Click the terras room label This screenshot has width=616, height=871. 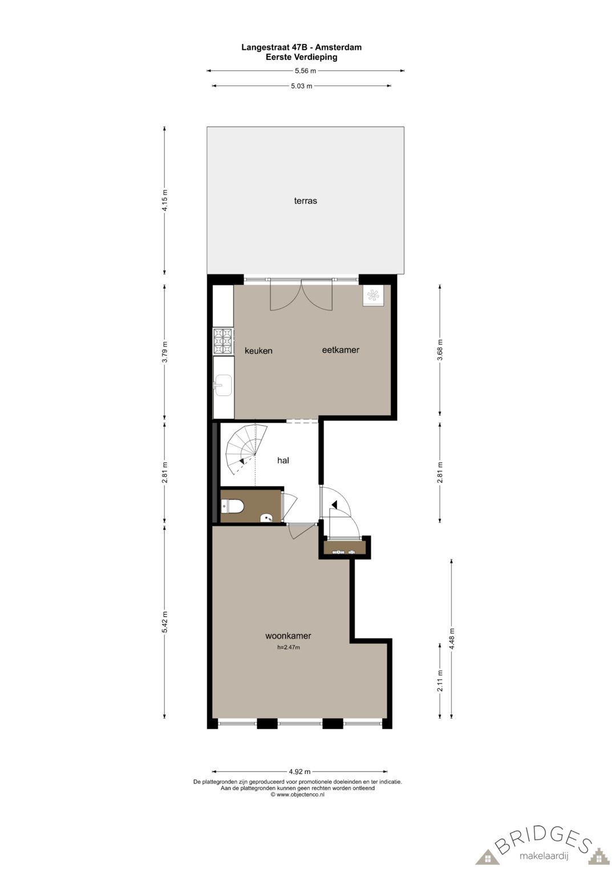coord(305,201)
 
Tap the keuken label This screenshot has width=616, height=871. coord(258,351)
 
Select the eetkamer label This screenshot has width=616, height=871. coord(341,350)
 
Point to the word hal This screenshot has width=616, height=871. coord(283,460)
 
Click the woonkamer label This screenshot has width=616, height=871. coord(288,636)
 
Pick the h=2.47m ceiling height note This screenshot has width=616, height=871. coord(289,647)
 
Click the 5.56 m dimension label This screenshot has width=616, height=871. coord(305,71)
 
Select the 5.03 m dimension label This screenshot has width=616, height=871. coord(302,86)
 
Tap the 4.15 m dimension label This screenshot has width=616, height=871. coord(165,201)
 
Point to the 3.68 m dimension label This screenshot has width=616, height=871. coord(440,350)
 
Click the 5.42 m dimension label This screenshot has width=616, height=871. coord(165,622)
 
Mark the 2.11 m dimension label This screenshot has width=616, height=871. coord(440,681)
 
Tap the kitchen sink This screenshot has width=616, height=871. coord(222,385)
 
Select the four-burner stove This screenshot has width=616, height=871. coord(223,342)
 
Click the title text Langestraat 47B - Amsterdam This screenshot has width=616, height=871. coord(301,47)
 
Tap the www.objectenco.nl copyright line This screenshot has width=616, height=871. coord(297,794)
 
